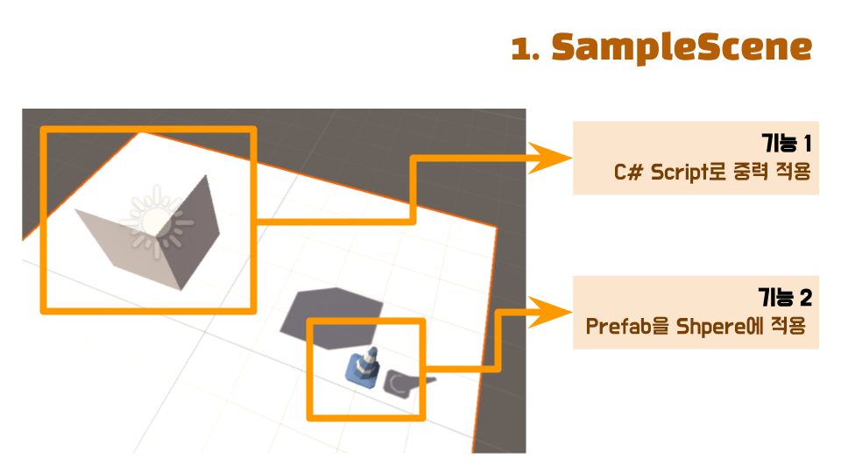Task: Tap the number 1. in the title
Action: (526, 49)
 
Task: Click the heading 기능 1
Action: (787, 144)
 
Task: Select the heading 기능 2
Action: (785, 298)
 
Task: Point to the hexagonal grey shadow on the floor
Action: (331, 311)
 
